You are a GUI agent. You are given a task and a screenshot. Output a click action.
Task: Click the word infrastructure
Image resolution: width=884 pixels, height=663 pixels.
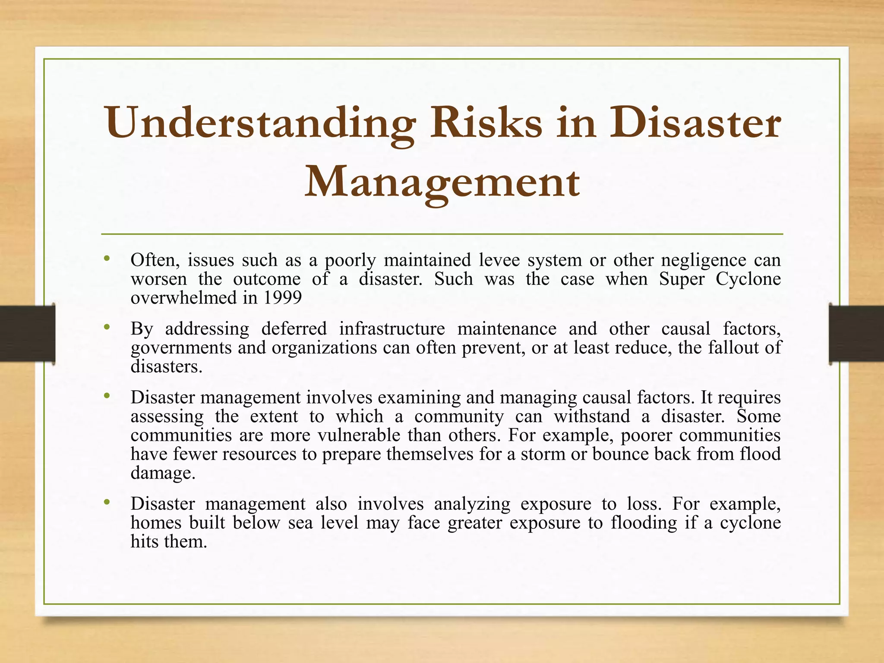pos(391,329)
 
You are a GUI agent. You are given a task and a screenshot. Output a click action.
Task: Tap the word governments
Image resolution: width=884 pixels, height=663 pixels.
pos(181,347)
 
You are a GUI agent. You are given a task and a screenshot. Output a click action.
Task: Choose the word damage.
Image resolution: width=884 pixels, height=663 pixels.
pos(163,473)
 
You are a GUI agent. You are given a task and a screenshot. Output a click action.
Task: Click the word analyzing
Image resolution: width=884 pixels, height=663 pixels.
pos(472,504)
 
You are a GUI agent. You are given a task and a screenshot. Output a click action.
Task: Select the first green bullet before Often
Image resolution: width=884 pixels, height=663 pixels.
pos(107,259)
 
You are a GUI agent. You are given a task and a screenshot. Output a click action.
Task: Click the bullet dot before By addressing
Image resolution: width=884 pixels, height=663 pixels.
pos(107,327)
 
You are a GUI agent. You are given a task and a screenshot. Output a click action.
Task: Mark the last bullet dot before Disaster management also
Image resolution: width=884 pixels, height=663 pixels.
pos(107,502)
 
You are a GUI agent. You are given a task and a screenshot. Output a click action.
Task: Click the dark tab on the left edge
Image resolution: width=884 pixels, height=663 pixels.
pos(27,334)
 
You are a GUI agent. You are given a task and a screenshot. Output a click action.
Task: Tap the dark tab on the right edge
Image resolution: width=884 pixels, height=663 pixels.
pos(856,334)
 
